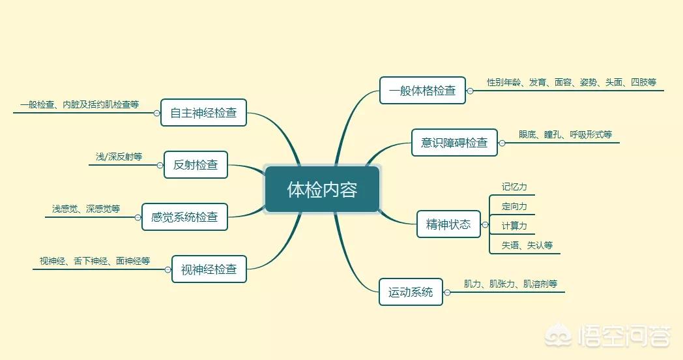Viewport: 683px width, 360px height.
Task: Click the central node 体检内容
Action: pos(323,189)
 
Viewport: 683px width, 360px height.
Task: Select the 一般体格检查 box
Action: pos(422,90)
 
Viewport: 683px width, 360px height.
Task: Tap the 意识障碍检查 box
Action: pos(454,143)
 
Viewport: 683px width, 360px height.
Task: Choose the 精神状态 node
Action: pos(448,224)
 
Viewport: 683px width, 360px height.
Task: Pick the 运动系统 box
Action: pos(411,292)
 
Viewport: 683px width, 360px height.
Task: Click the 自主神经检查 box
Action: pos(203,112)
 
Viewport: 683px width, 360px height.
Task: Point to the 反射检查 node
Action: pos(196,165)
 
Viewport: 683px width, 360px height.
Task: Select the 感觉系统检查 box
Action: pos(184,217)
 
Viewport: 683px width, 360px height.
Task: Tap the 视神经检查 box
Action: pos(209,269)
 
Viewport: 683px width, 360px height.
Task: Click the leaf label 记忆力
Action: pos(514,187)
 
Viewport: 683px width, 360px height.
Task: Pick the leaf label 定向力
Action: pos(514,206)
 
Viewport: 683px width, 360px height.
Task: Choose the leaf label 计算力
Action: pos(514,226)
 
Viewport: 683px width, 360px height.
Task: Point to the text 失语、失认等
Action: pos(527,245)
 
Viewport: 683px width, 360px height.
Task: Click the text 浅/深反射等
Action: pos(119,157)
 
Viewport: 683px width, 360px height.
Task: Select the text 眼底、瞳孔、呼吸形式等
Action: pos(566,134)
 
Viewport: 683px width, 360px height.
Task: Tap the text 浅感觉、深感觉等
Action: pos(86,209)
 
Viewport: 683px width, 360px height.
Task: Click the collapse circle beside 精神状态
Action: pos(485,225)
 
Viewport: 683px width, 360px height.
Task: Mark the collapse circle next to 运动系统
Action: pos(447,292)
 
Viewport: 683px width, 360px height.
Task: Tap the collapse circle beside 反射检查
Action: pos(160,166)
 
